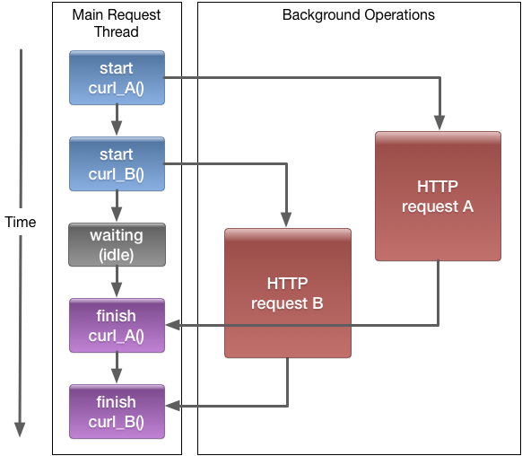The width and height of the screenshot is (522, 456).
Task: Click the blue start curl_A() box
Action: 117,77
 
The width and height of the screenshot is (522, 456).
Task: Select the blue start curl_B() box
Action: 117,163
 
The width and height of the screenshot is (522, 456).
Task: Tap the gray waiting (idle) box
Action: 117,244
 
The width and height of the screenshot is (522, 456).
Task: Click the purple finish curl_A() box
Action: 117,325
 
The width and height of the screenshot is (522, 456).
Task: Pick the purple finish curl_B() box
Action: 117,411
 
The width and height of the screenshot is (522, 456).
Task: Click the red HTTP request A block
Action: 438,196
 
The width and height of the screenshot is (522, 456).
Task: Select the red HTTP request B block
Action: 287,293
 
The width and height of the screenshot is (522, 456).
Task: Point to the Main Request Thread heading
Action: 117,23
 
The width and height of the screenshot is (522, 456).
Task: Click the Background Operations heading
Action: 358,15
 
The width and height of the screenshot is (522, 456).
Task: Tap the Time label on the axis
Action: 21,222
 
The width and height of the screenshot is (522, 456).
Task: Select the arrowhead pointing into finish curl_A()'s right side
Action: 173,325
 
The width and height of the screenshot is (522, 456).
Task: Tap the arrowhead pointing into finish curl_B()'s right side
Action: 173,408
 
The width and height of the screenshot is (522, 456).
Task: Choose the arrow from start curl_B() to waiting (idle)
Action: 117,206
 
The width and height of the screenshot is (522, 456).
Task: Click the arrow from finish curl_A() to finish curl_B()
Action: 117,368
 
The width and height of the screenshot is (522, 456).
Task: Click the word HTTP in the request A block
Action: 438,187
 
